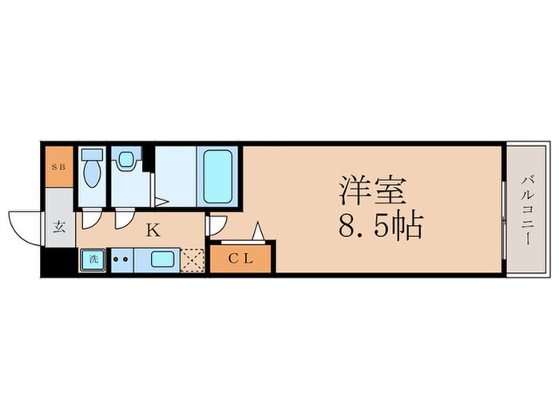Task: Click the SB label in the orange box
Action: [59, 167]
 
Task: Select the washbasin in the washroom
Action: [125, 159]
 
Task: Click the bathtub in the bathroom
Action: [217, 176]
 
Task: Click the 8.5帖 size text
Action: [380, 226]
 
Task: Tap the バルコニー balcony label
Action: [527, 210]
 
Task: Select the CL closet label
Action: [240, 259]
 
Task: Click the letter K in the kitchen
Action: [153, 231]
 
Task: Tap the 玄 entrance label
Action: [59, 227]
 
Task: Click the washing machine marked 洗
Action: [93, 259]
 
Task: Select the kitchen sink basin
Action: [162, 259]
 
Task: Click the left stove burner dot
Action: [116, 259]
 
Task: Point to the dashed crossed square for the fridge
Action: [192, 261]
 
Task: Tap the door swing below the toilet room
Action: [91, 220]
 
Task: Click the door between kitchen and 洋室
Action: [216, 225]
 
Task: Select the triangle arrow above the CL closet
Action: [258, 231]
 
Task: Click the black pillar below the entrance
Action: [59, 262]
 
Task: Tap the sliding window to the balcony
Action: [504, 220]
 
